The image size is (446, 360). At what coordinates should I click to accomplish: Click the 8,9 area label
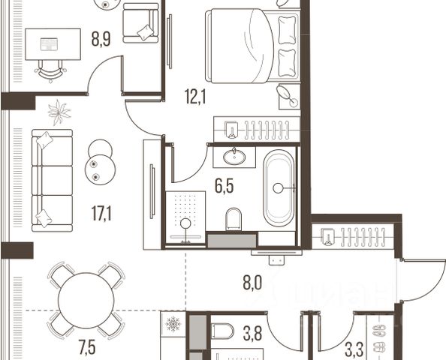click(101, 39)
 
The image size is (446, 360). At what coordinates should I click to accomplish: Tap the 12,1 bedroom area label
click(195, 96)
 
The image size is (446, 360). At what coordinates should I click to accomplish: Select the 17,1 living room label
click(101, 214)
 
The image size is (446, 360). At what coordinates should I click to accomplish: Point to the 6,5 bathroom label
click(225, 187)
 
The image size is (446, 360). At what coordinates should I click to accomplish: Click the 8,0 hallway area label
click(252, 283)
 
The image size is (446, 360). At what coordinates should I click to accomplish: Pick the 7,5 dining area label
click(87, 348)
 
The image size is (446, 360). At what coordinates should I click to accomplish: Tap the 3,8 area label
click(252, 334)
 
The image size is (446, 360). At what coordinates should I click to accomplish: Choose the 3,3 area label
click(354, 350)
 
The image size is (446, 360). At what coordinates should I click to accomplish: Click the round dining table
click(86, 300)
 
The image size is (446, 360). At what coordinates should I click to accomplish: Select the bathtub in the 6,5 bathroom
click(279, 188)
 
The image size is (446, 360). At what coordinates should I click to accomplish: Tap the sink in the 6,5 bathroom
click(234, 157)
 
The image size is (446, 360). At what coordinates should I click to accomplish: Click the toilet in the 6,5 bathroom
click(234, 219)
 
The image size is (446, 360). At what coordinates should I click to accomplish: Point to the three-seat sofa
click(52, 181)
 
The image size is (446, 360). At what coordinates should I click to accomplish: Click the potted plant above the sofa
click(59, 112)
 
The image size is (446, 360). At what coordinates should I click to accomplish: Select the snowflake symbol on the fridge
click(173, 324)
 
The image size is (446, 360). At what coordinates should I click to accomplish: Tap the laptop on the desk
click(50, 44)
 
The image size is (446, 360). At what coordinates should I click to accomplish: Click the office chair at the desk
click(50, 70)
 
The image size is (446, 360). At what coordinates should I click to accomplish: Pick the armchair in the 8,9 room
click(140, 23)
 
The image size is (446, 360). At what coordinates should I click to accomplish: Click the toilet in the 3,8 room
click(223, 331)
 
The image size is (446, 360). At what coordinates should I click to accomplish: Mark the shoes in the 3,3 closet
click(379, 339)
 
